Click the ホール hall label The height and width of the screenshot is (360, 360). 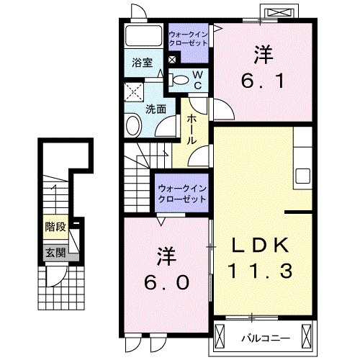point(193,130)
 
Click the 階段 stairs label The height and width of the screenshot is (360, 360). point(55,227)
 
